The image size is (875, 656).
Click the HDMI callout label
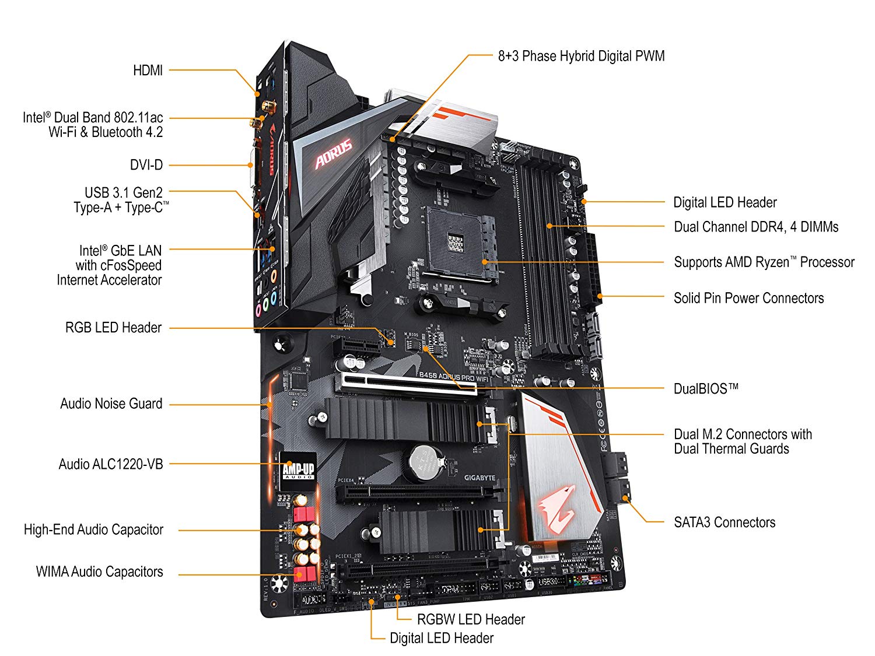pyautogui.click(x=148, y=71)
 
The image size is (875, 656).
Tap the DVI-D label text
pyautogui.click(x=146, y=165)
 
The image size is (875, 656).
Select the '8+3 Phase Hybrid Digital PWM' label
pyautogui.click(x=581, y=56)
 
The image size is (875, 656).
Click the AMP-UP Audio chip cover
pyautogui.click(x=298, y=467)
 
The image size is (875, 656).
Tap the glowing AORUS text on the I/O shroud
pyautogui.click(x=333, y=153)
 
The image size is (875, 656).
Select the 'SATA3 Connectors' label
pyautogui.click(x=724, y=522)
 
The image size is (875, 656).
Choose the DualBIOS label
pyautogui.click(x=706, y=389)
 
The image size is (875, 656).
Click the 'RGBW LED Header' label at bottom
pyautogui.click(x=471, y=619)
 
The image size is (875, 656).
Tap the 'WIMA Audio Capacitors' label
pyautogui.click(x=99, y=571)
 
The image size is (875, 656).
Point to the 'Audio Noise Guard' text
pyautogui.click(x=111, y=404)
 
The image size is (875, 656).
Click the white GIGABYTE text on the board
pyautogui.click(x=480, y=478)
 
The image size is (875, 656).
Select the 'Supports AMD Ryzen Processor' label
pyautogui.click(x=764, y=262)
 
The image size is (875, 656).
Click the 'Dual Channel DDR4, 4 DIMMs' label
pyautogui.click(x=756, y=227)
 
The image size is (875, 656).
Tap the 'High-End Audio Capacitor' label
pyautogui.click(x=93, y=529)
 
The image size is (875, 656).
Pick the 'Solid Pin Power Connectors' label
pyautogui.click(x=748, y=298)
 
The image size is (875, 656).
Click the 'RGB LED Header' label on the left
pyautogui.click(x=113, y=328)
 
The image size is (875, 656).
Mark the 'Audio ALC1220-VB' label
pyautogui.click(x=110, y=464)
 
